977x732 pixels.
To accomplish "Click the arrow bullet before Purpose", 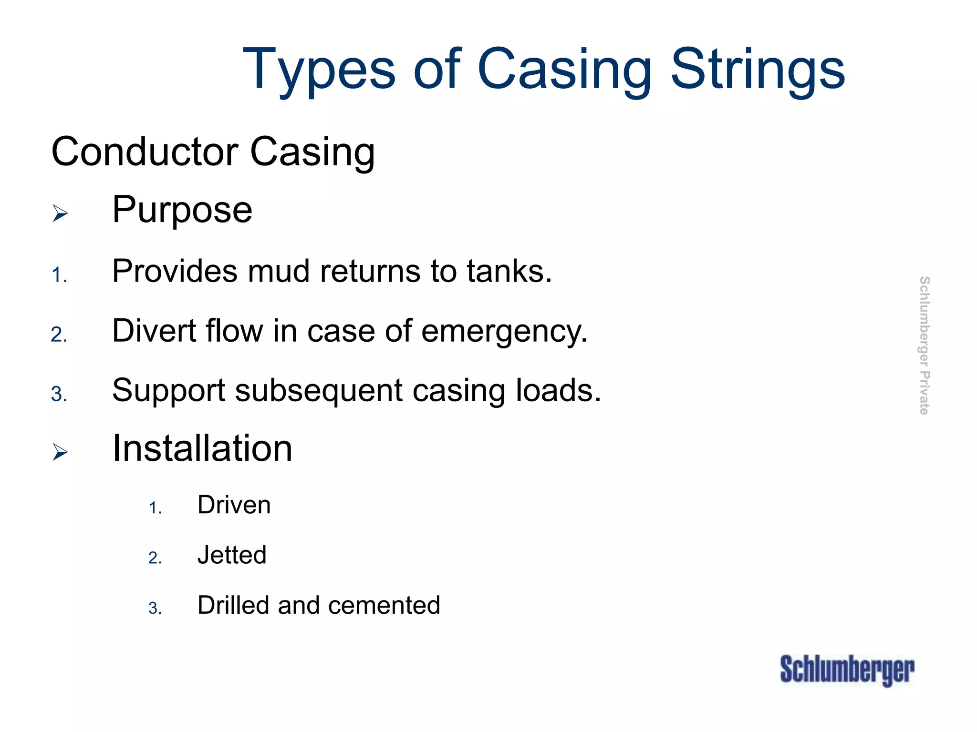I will pos(60,213).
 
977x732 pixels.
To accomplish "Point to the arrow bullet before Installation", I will pos(60,452).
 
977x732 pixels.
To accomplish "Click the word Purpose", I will pos(182,210).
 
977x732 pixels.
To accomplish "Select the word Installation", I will pos(202,449).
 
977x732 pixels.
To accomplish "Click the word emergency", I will pos(504,332).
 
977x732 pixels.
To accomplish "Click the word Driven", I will pos(234,505).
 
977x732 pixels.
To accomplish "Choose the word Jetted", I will pos(232,555).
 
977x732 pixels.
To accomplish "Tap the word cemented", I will pos(384,606).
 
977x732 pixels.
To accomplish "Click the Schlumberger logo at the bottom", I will pos(847,670).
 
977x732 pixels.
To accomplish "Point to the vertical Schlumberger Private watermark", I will pos(924,345).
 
